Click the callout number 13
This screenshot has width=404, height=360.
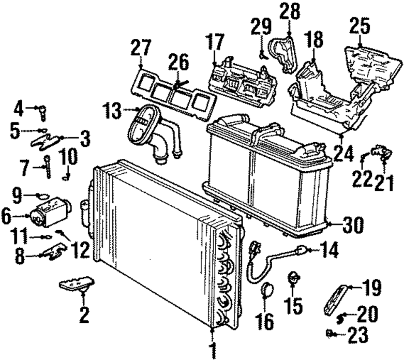(x=113, y=111)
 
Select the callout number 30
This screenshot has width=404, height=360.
(x=353, y=225)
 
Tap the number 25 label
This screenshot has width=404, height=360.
(x=360, y=25)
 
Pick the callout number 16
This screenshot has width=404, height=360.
(x=265, y=322)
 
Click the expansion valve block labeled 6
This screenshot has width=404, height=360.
(x=51, y=212)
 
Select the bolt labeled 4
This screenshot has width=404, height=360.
(x=43, y=113)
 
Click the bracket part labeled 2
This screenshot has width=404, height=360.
(x=77, y=283)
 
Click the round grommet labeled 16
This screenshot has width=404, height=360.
(x=267, y=289)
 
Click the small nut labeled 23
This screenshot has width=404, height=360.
(x=329, y=333)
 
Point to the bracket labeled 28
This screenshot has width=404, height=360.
(x=283, y=53)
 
